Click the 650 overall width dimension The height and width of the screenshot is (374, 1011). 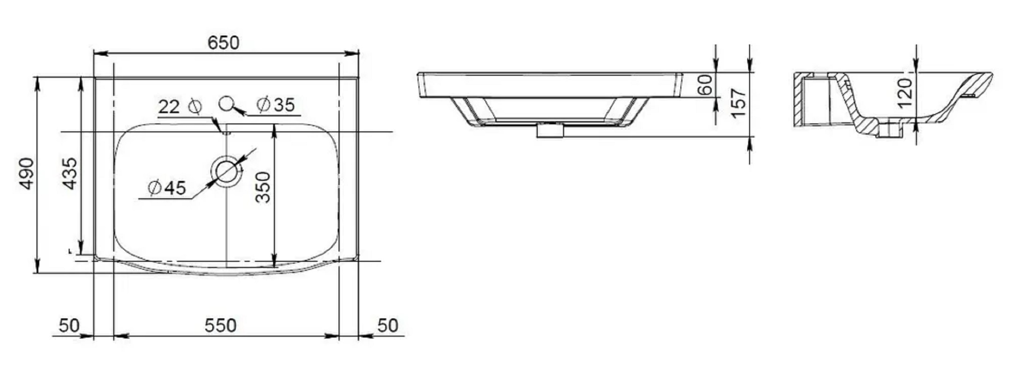pos(223,43)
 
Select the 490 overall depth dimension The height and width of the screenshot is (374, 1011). pos(26,173)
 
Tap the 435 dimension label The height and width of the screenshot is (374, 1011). pos(70,173)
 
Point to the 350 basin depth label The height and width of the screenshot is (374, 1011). pos(263,187)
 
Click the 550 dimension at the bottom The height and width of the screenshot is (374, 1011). pos(220,325)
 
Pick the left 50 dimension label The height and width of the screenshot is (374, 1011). pos(69,325)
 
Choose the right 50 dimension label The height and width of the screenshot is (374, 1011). pos(388,325)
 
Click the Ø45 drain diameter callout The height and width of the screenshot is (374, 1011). pos(167,188)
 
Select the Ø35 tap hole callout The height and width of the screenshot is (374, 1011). pos(276,105)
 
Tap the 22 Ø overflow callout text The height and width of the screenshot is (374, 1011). pos(180,107)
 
